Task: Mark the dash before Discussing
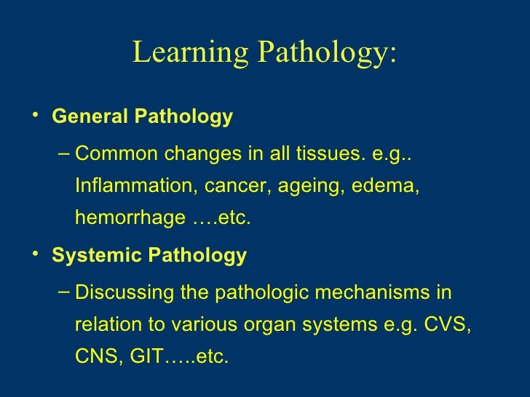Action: tap(63, 292)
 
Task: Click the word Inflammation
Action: tap(130, 186)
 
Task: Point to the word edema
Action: tap(385, 186)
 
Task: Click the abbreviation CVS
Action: tap(446, 325)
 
